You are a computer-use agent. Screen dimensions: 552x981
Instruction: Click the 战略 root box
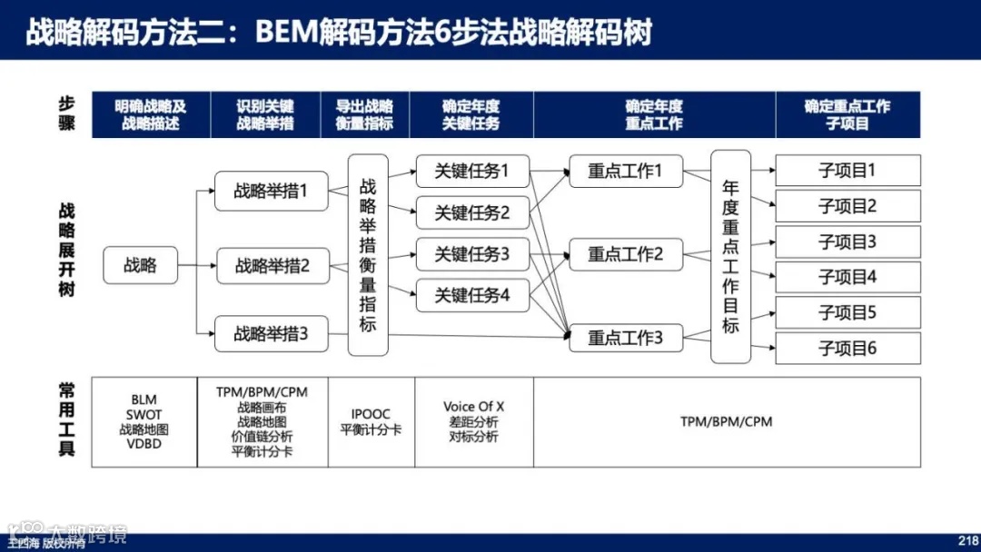141,265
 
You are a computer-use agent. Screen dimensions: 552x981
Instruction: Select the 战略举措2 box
272,266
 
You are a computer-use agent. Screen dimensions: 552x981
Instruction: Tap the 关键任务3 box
472,254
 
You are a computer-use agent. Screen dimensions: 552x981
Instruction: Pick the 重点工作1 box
626,171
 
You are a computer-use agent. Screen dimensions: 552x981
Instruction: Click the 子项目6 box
847,349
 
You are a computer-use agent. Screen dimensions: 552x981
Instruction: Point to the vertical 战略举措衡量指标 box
368,255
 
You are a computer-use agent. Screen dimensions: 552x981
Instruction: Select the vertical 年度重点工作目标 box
730,257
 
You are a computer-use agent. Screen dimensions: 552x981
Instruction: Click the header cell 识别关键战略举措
265,115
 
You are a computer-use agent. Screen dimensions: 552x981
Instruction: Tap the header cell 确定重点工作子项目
847,115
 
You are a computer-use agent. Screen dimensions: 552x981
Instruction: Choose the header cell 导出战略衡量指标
364,115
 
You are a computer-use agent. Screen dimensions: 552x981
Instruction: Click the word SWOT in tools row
144,415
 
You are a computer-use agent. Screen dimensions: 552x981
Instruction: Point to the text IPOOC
371,415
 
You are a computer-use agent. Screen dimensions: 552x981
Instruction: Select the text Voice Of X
473,407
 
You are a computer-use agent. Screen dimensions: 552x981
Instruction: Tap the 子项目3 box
847,242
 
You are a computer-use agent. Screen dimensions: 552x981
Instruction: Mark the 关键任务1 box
472,171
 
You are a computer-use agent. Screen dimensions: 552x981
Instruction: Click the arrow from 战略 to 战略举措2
197,266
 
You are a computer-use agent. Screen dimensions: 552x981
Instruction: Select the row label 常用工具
67,422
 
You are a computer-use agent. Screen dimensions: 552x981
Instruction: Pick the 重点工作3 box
626,339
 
